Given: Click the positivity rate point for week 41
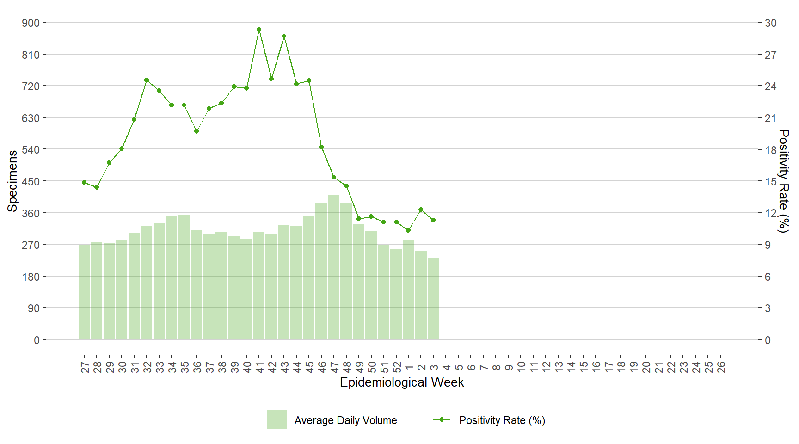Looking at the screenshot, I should pyautogui.click(x=259, y=29).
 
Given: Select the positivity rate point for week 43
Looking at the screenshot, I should pyautogui.click(x=284, y=36).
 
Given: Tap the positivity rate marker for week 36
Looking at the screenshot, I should pyautogui.click(x=197, y=131).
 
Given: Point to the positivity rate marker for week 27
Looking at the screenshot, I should pyautogui.click(x=84, y=182).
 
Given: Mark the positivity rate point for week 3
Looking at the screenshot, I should pyautogui.click(x=433, y=220).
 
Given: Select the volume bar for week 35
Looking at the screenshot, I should pyautogui.click(x=184, y=277).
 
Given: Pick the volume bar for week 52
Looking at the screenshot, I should pyautogui.click(x=396, y=295).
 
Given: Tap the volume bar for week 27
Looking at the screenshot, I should pyautogui.click(x=84, y=292).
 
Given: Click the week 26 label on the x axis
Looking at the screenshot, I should pyautogui.click(x=721, y=367).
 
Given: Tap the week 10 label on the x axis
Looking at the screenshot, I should pyautogui.click(x=521, y=367).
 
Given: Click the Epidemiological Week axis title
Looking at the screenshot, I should pyautogui.click(x=402, y=382).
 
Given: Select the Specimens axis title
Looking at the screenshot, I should pyautogui.click(x=12, y=181).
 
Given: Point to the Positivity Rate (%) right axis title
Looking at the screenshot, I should pyautogui.click(x=783, y=181).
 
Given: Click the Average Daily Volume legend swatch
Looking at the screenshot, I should pyautogui.click(x=277, y=419).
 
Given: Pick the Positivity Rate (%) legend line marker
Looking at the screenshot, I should pyautogui.click(x=441, y=419).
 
